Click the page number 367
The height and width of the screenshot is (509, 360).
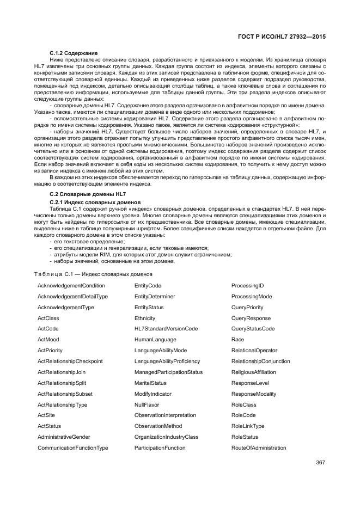(x=320, y=463)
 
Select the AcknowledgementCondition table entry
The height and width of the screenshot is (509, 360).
(x=71, y=286)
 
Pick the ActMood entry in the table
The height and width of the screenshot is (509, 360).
(x=48, y=340)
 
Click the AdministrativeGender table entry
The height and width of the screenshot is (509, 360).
(x=64, y=437)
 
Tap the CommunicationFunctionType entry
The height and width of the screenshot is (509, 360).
(x=72, y=448)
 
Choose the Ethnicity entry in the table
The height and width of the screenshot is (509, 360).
(x=145, y=318)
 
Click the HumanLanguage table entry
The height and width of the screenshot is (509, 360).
(x=155, y=340)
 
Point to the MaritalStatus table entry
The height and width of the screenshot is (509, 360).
(x=150, y=383)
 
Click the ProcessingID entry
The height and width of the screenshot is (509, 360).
(x=247, y=286)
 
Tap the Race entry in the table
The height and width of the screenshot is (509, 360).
(x=237, y=340)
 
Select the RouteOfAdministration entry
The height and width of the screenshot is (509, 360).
(x=259, y=448)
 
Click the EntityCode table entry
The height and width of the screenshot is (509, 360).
(x=148, y=286)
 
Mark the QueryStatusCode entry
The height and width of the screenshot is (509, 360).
(x=253, y=329)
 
